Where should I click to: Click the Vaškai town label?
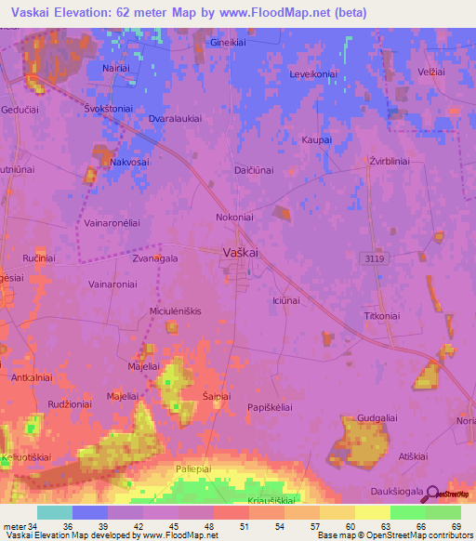coord(240,252)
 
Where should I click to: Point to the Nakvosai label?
coord(129,162)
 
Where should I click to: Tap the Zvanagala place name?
coord(154,259)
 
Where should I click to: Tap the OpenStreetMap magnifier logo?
coord(429,495)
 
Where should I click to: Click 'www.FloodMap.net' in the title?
coord(288,12)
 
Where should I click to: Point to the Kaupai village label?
coord(316,139)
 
